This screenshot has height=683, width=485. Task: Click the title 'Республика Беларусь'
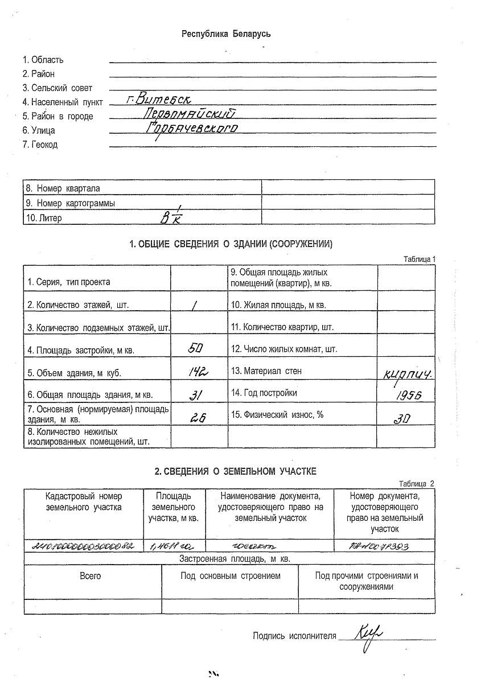pyautogui.click(x=226, y=34)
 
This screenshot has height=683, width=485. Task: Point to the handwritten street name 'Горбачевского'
pyautogui.click(x=191, y=129)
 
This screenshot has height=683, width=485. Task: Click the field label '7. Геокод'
pyautogui.click(x=40, y=145)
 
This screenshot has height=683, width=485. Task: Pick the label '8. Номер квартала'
pyautogui.click(x=64, y=188)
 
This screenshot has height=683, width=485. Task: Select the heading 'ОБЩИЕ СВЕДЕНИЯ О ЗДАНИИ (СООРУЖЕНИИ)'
pyautogui.click(x=231, y=244)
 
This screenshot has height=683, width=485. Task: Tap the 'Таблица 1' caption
pyautogui.click(x=419, y=259)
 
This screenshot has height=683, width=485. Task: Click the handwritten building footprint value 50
pyautogui.click(x=195, y=348)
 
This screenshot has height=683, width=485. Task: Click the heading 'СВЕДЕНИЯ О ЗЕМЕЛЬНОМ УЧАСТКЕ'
pyautogui.click(x=235, y=471)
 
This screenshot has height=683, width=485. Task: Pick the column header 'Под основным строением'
pyautogui.click(x=231, y=576)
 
